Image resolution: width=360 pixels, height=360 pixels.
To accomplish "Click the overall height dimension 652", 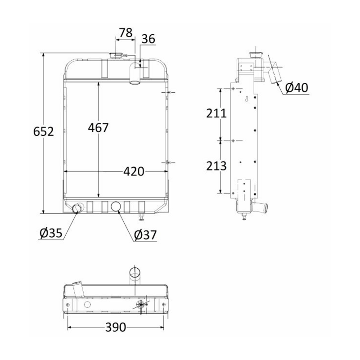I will (44, 132).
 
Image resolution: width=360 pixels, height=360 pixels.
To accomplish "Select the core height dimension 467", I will (99, 127).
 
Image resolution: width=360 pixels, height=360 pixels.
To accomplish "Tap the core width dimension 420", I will (134, 171).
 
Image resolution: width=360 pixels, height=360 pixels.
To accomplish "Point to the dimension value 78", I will (126, 32).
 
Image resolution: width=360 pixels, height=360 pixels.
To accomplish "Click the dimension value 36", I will (148, 40).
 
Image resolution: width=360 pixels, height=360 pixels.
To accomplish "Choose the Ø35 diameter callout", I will (50, 233).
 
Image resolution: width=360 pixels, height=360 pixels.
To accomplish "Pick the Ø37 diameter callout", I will (145, 235).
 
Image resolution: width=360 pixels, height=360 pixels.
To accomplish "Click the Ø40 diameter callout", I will (297, 87).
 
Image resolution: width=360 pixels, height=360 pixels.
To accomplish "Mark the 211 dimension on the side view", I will (216, 114).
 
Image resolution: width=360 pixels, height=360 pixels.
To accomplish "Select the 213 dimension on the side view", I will (216, 166).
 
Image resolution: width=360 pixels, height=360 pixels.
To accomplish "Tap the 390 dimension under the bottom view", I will (116, 327).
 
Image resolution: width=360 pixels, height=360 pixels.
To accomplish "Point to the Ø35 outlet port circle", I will (78, 208).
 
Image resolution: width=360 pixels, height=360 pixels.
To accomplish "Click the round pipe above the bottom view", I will (135, 274).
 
